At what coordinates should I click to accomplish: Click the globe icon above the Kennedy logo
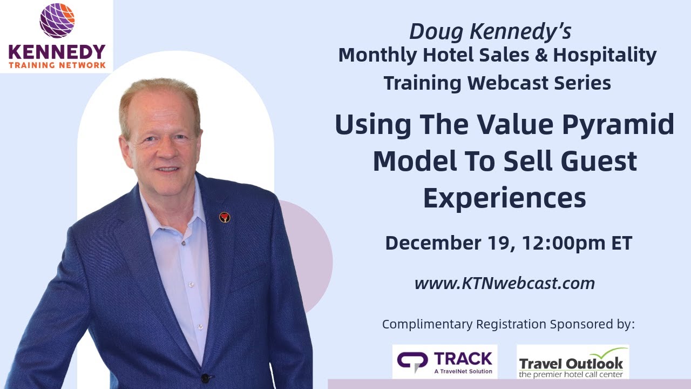(57, 21)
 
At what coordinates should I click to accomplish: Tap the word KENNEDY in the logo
(57, 52)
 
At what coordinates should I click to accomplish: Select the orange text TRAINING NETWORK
(57, 65)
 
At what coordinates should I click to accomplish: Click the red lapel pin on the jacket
(225, 217)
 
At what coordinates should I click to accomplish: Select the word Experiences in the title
(504, 198)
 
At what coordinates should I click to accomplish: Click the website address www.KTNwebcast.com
(504, 283)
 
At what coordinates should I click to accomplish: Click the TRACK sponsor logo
(444, 361)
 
